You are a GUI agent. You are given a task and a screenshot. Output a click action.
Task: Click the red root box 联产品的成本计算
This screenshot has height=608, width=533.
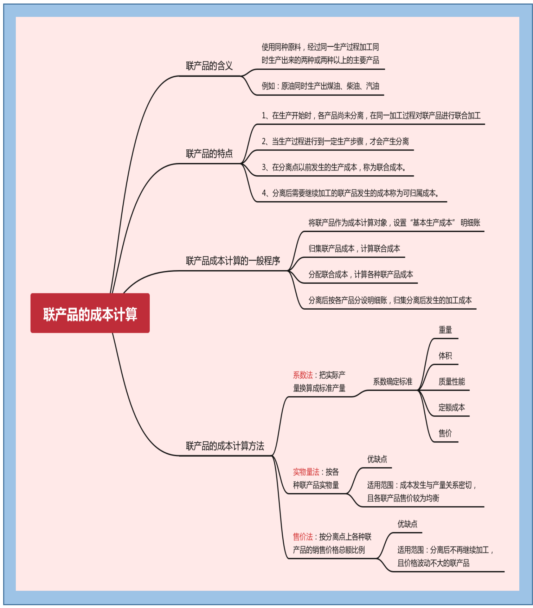(90, 313)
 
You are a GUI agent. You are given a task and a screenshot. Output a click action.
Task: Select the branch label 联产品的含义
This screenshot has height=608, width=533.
(209, 66)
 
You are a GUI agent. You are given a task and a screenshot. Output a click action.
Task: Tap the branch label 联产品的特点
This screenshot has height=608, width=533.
(209, 154)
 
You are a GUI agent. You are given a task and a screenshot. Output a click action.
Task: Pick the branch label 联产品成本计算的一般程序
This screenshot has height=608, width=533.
(233, 261)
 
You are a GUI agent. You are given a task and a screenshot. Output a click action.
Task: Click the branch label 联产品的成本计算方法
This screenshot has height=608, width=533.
(225, 446)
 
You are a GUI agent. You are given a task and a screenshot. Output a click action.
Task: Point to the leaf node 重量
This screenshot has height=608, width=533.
(445, 330)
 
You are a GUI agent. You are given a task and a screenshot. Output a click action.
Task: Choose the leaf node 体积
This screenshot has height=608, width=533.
(445, 356)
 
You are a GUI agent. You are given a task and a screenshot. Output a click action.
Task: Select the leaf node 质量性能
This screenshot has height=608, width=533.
(451, 381)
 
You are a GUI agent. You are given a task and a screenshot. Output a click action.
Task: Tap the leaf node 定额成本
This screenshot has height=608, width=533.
(451, 407)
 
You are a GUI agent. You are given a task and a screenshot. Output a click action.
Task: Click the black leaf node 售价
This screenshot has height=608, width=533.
(445, 433)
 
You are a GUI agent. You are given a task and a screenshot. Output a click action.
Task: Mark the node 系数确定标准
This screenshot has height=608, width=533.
(392, 381)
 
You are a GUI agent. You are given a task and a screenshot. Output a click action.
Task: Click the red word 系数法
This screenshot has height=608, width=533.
(303, 375)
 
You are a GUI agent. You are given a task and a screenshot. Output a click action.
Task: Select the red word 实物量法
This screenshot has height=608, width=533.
(306, 472)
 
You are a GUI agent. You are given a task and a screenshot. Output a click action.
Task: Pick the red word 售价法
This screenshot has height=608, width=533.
(303, 537)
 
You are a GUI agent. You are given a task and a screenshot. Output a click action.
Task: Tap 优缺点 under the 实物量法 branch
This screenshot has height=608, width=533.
(377, 459)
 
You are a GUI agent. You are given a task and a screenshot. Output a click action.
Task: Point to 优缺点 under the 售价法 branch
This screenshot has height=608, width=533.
(407, 524)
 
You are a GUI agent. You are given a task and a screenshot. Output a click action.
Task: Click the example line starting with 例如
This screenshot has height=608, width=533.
(320, 86)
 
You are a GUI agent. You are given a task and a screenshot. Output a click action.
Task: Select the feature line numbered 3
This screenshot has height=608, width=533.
(334, 167)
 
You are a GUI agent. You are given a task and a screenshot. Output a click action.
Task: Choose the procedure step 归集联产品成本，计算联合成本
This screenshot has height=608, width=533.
(354, 249)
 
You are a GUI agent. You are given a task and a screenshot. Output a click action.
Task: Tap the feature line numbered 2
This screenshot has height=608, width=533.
(335, 141)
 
